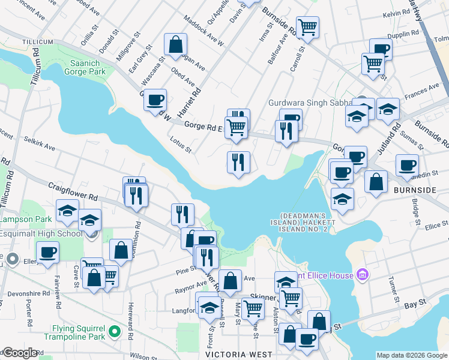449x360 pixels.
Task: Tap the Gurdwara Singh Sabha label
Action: click(x=310, y=103)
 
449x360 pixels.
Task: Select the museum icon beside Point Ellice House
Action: click(x=361, y=275)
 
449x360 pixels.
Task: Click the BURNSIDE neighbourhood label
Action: click(x=415, y=190)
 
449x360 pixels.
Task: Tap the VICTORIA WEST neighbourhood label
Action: click(x=239, y=355)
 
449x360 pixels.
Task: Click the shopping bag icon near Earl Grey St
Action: click(x=175, y=44)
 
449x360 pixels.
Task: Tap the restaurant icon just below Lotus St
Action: click(x=238, y=163)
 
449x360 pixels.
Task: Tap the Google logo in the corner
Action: click(x=19, y=353)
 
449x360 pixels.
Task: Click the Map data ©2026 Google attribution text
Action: click(x=412, y=355)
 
